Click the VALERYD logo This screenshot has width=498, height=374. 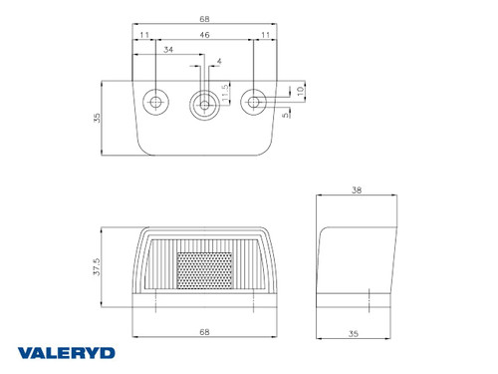pyautogui.click(x=67, y=352)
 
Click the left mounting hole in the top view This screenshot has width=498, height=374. pyautogui.click(x=155, y=102)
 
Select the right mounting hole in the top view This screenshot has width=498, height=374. pyautogui.click(x=255, y=102)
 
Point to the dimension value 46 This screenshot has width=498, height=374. pyautogui.click(x=204, y=35)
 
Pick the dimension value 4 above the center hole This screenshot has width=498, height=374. pyautogui.click(x=219, y=62)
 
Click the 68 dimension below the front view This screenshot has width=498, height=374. pyautogui.click(x=204, y=330)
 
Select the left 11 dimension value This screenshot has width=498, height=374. pyautogui.click(x=144, y=35)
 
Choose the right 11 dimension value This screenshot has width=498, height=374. pyautogui.click(x=264, y=35)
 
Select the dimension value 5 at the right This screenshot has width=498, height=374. pyautogui.click(x=286, y=114)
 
